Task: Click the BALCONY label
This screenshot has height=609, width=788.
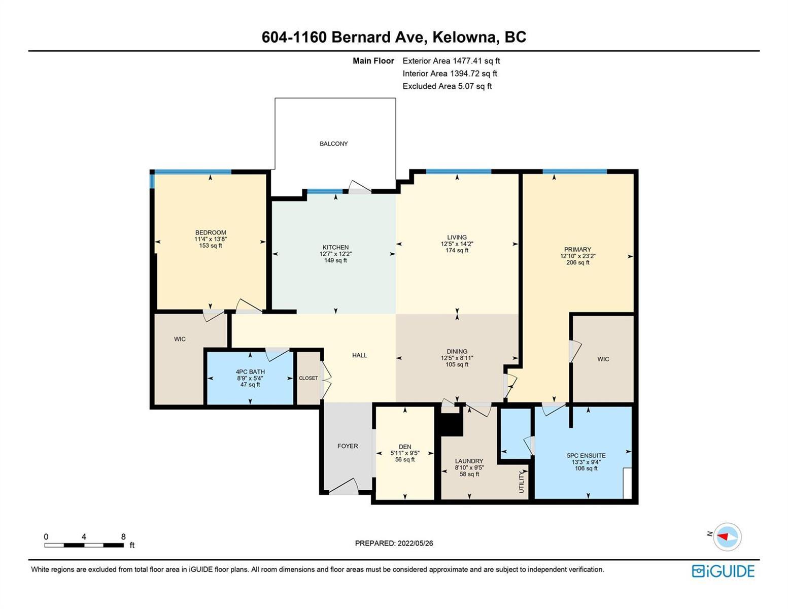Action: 333,144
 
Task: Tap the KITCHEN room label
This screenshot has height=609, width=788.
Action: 335,247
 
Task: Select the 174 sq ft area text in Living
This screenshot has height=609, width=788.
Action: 457,250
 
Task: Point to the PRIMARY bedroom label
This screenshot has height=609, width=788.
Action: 577,250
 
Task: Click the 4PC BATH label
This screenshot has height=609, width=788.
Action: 250,372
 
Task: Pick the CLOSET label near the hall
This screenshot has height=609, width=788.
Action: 308,378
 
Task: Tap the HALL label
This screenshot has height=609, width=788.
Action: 359,355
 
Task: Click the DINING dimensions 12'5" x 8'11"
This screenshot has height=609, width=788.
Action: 457,358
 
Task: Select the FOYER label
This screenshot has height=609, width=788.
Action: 348,446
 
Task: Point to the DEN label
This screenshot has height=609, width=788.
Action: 405,447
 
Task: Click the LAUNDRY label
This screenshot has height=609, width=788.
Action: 469,461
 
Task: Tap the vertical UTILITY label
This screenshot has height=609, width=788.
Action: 522,482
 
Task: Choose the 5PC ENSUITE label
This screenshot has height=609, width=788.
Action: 586,456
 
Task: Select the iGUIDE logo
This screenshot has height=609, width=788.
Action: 723,571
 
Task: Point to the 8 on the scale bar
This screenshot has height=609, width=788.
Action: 123,536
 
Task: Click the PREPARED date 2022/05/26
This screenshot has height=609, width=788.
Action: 415,544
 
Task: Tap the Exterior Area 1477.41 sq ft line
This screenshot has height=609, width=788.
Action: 451,61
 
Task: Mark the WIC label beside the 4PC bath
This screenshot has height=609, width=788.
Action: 180,339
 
